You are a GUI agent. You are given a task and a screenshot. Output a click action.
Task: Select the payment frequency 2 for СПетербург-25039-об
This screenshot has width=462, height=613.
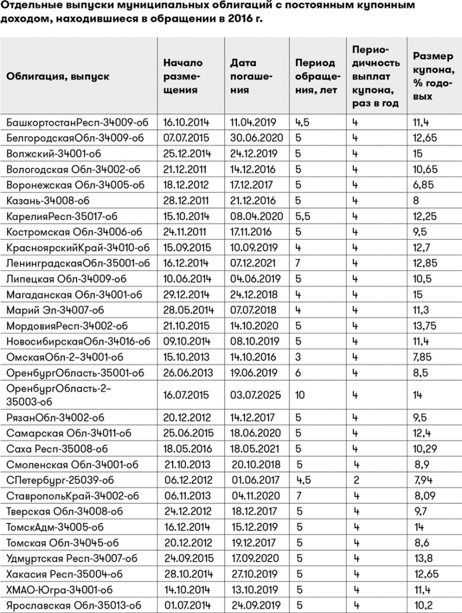click(x=355, y=481)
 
